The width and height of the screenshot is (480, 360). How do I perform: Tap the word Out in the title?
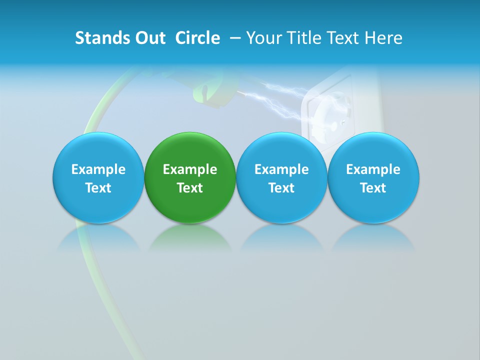(x=149, y=38)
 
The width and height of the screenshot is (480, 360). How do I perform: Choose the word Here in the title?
(x=384, y=38)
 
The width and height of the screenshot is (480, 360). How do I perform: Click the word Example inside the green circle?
(x=190, y=169)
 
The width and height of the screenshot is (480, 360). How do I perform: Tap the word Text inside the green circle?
(x=190, y=188)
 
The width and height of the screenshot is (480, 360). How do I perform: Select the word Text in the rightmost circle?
(x=373, y=188)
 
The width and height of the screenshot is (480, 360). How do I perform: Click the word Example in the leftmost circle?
(x=98, y=169)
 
